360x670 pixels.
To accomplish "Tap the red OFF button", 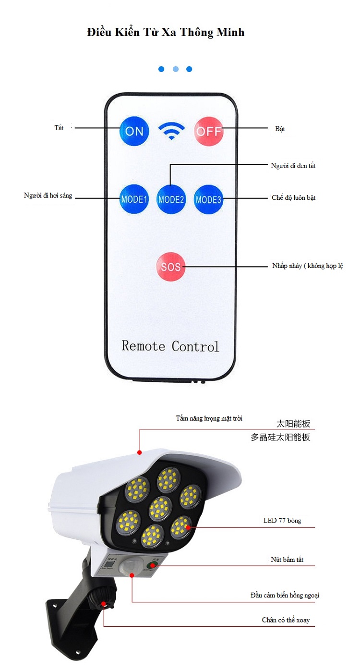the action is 209,131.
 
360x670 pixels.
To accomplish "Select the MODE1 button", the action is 134,199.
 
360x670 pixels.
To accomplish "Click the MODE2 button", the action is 171,199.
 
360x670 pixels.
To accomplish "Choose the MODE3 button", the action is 208,199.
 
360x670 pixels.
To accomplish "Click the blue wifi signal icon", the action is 171,131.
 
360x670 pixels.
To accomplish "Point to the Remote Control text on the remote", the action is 170,346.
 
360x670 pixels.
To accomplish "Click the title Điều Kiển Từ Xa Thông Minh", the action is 166,32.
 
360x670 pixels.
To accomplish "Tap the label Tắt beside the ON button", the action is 59,128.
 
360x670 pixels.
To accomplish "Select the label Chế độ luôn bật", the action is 294,198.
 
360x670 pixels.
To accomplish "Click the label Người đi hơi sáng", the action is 48,195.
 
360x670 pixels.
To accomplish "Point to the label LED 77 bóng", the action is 282,521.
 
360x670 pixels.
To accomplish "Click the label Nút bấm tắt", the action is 287,560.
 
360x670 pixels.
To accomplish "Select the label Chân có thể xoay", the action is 286,620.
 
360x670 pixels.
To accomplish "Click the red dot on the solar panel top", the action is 139,452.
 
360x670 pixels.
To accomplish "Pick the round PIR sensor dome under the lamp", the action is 129,566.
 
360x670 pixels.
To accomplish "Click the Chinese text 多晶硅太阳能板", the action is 280,437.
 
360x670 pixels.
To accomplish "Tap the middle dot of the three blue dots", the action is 176,69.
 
